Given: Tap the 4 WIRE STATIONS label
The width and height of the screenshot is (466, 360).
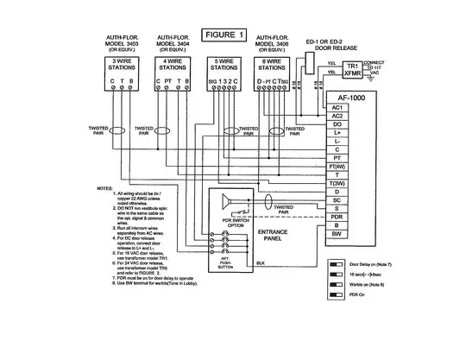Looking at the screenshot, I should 171,65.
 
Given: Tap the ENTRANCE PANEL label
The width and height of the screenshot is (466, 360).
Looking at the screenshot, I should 279,237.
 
